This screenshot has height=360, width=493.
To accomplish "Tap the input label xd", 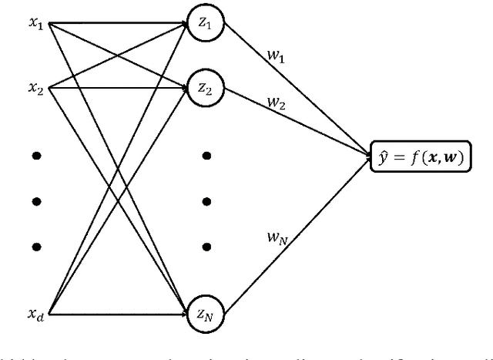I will click(36, 315).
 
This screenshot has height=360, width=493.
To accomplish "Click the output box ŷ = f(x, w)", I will click(421, 159).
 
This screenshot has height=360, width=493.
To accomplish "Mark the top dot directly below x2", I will click(36, 156).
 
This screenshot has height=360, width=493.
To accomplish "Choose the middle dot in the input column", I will click(36, 201).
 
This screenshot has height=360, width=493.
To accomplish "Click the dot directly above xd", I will click(36, 247).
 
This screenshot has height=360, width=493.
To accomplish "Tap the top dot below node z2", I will click(206, 156).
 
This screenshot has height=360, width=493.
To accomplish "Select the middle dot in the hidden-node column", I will click(206, 201).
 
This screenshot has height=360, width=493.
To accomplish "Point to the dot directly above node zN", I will click(206, 247).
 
